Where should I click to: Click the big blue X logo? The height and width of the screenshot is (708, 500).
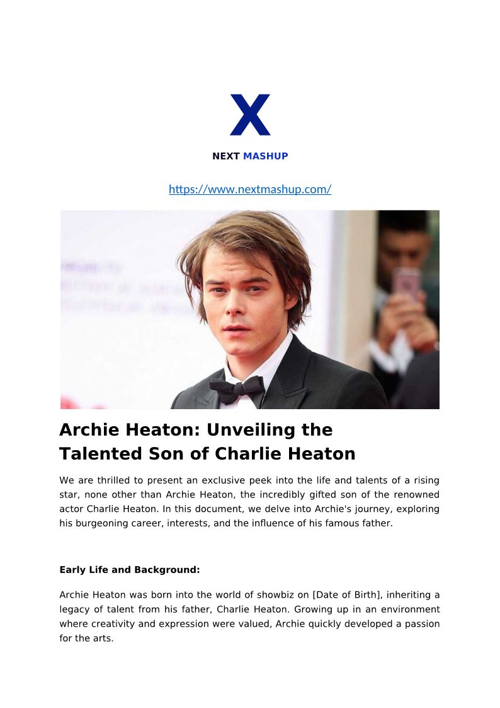coord(250,115)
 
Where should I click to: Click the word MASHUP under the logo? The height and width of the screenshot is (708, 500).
coord(265,156)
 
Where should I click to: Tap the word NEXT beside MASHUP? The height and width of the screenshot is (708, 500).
coord(226,156)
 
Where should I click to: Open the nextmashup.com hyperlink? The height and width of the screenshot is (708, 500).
coord(250,189)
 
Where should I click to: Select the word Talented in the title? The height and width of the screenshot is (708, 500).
coord(103,454)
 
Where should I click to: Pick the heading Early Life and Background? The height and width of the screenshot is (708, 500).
coord(129,570)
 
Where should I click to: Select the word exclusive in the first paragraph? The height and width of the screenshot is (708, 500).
coord(232,480)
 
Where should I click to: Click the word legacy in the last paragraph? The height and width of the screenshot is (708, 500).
coord(76,609)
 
